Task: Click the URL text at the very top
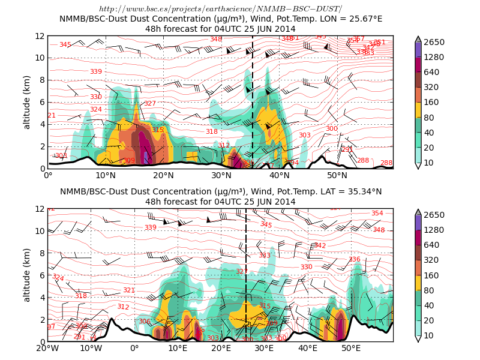tap(220, 8)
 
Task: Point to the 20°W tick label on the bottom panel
tap(47, 348)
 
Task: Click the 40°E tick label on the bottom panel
tap(308, 348)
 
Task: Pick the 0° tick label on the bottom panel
tap(134, 348)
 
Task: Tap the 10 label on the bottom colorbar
tap(431, 335)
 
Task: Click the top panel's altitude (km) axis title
tap(26, 102)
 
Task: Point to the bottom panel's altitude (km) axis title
tap(26, 275)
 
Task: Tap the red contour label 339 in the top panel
tap(96, 72)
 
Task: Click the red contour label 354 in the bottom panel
tap(377, 214)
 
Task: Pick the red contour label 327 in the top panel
tap(150, 104)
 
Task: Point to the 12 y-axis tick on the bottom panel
tap(40, 209)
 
